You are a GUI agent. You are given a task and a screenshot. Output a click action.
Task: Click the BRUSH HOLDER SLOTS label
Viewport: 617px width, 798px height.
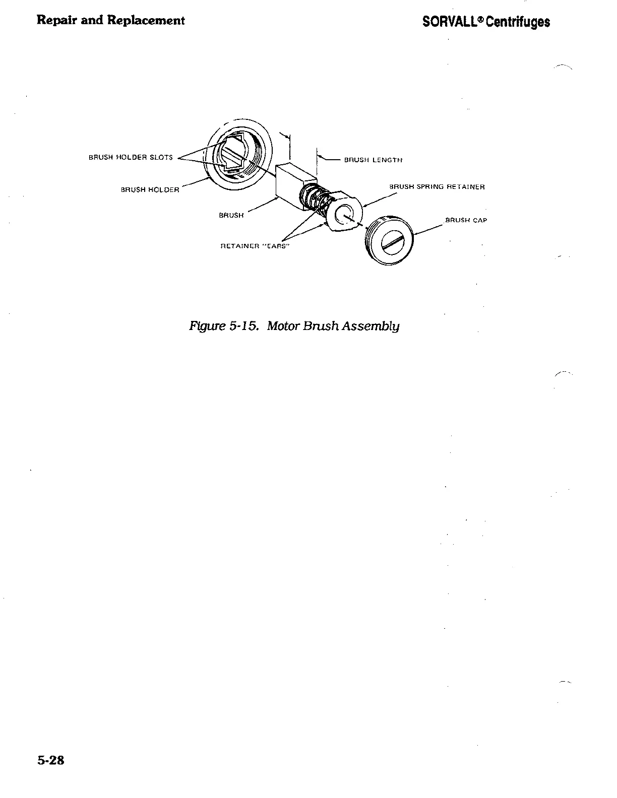point(131,157)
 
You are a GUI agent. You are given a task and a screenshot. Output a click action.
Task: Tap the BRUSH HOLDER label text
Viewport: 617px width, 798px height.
point(150,190)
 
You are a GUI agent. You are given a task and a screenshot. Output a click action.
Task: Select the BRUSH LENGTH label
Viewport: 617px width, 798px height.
point(373,160)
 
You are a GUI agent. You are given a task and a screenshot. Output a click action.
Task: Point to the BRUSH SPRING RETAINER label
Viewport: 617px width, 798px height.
point(437,187)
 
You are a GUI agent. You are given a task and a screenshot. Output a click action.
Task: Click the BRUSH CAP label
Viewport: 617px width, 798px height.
point(466,220)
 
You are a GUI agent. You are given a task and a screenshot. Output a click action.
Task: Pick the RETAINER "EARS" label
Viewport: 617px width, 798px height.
point(254,246)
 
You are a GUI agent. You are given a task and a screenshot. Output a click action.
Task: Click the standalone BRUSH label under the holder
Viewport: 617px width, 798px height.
point(231,215)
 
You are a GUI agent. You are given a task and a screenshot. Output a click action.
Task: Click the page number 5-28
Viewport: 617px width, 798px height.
point(50,760)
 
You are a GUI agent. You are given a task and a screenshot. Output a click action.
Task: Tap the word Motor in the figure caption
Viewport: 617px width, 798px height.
point(283,326)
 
